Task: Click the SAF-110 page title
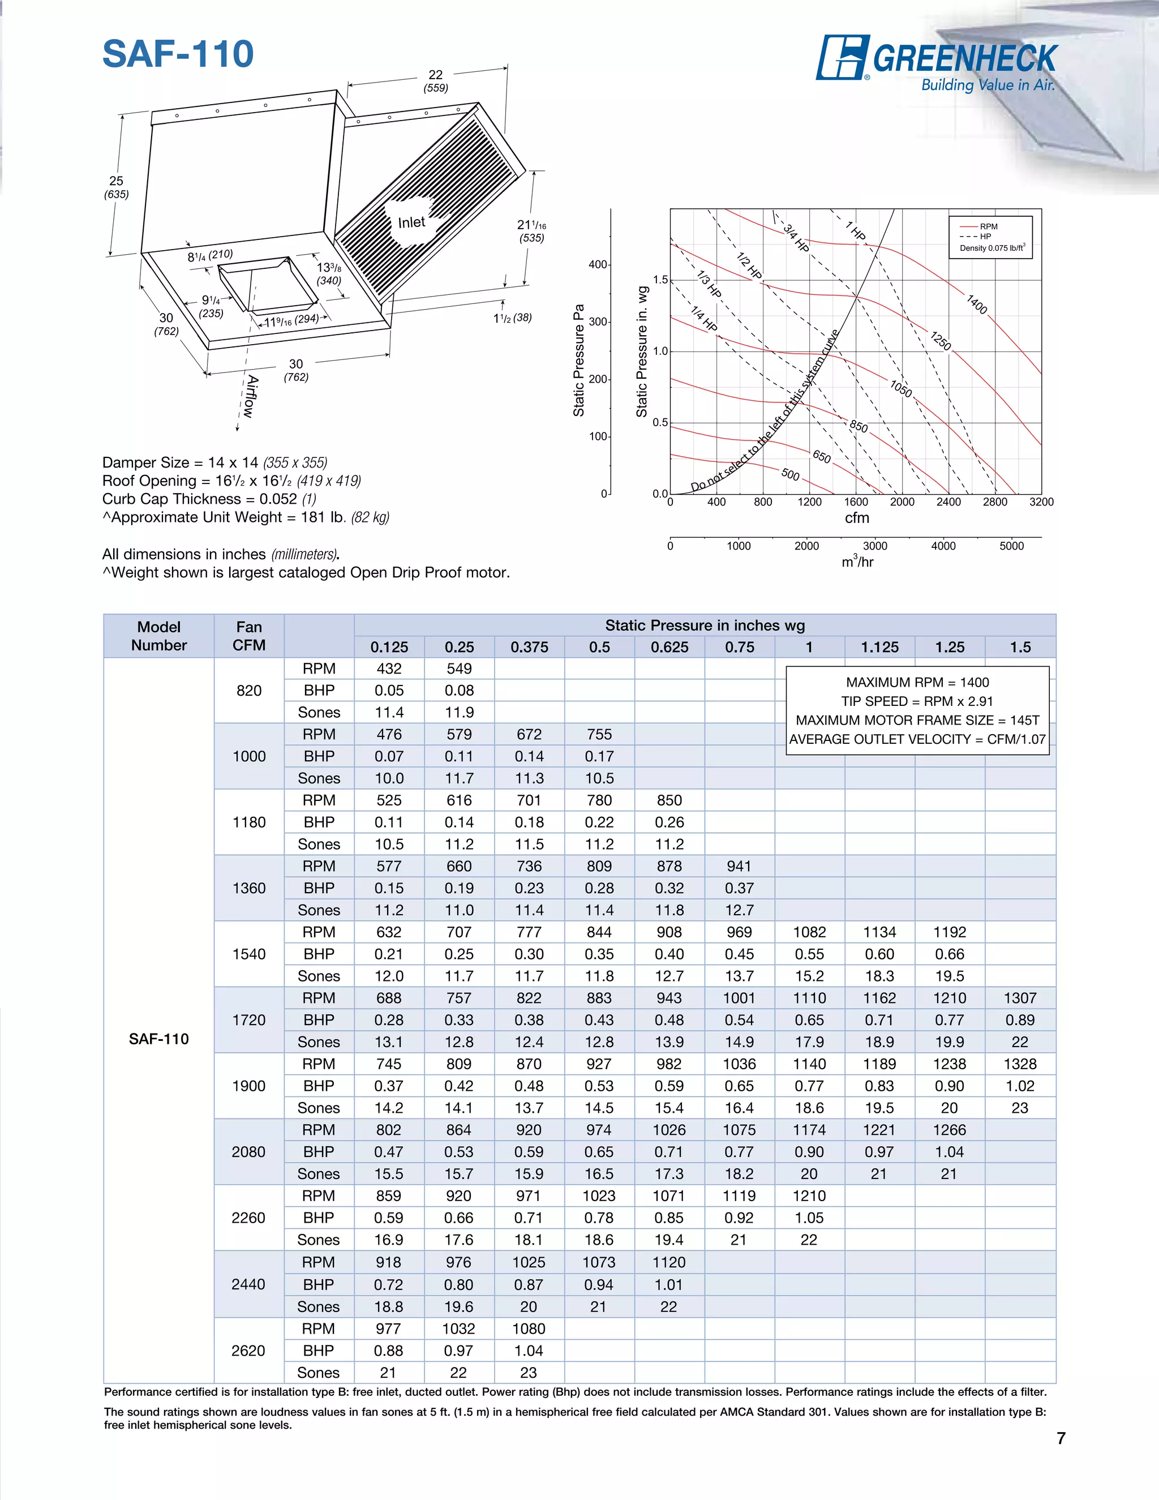(x=178, y=54)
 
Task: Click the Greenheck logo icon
(x=842, y=58)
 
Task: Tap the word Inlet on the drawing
(x=411, y=222)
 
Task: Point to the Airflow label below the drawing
(x=251, y=396)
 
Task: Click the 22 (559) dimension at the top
(x=435, y=80)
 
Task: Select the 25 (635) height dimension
(x=116, y=187)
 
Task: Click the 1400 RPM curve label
(x=976, y=305)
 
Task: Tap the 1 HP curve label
(x=856, y=231)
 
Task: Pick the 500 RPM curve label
(x=790, y=474)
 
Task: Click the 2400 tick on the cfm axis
(x=948, y=502)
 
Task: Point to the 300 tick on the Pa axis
(x=598, y=322)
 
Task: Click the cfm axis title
(x=856, y=518)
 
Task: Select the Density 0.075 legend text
(x=991, y=248)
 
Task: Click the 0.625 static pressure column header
(x=669, y=647)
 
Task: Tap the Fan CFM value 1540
(x=248, y=954)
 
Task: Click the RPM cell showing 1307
(x=1020, y=998)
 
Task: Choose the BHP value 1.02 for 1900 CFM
(x=1020, y=1086)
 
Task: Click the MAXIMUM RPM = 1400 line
(x=917, y=682)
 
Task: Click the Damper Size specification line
(x=214, y=462)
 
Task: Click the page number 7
(x=1061, y=1438)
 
